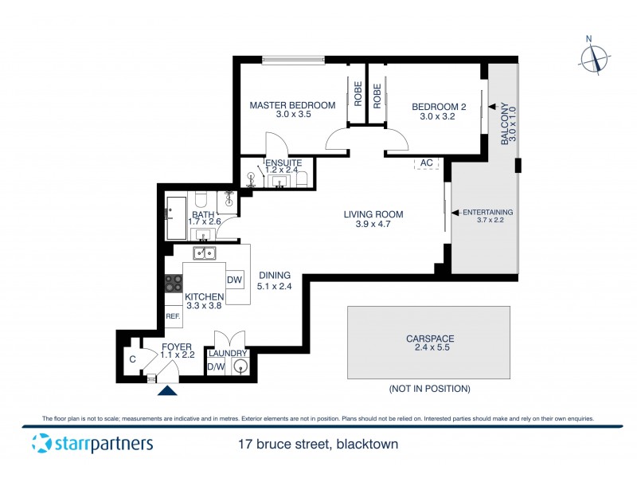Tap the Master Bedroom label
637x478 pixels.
292,105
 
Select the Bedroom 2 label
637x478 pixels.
438,106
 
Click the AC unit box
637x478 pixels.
426,163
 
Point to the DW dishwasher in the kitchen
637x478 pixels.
234,280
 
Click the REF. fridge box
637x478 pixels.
173,316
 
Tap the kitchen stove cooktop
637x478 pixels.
173,283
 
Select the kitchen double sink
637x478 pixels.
205,253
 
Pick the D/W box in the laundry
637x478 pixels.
215,366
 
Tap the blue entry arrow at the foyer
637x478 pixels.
167,390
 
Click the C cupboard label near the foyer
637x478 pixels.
133,360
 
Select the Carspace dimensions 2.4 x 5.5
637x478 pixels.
428,349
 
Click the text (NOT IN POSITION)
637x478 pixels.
429,389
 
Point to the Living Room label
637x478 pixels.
373,214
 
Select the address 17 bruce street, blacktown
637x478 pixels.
318,445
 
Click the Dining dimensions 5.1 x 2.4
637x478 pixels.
274,286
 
